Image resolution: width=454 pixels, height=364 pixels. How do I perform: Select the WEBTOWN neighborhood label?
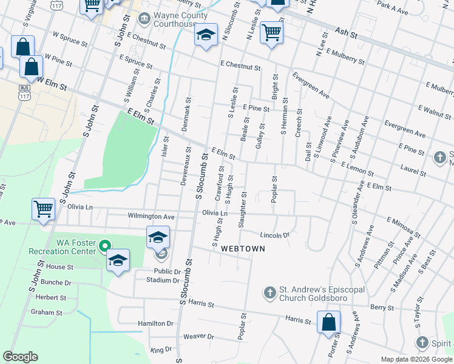coord(241,249)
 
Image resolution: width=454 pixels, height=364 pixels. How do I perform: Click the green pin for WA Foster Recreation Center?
coord(105,246)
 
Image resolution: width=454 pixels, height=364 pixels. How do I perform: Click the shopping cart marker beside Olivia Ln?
coord(44,209)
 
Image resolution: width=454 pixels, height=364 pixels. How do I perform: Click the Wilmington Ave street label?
coord(151,216)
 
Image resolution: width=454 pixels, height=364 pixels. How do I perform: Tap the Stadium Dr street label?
coord(166,280)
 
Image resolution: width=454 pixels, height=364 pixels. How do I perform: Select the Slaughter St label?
coord(243,210)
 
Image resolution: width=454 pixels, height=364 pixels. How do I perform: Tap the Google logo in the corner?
coord(21,357)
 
